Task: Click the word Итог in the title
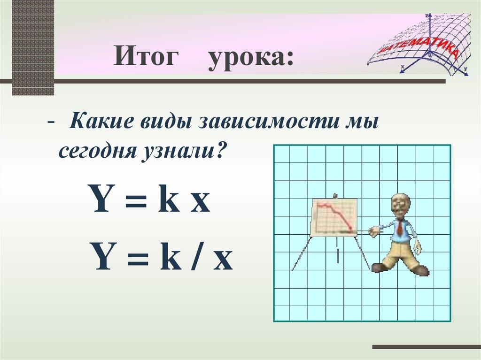pos(147,59)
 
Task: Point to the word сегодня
pos(97,152)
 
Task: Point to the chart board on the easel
pos(334,217)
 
